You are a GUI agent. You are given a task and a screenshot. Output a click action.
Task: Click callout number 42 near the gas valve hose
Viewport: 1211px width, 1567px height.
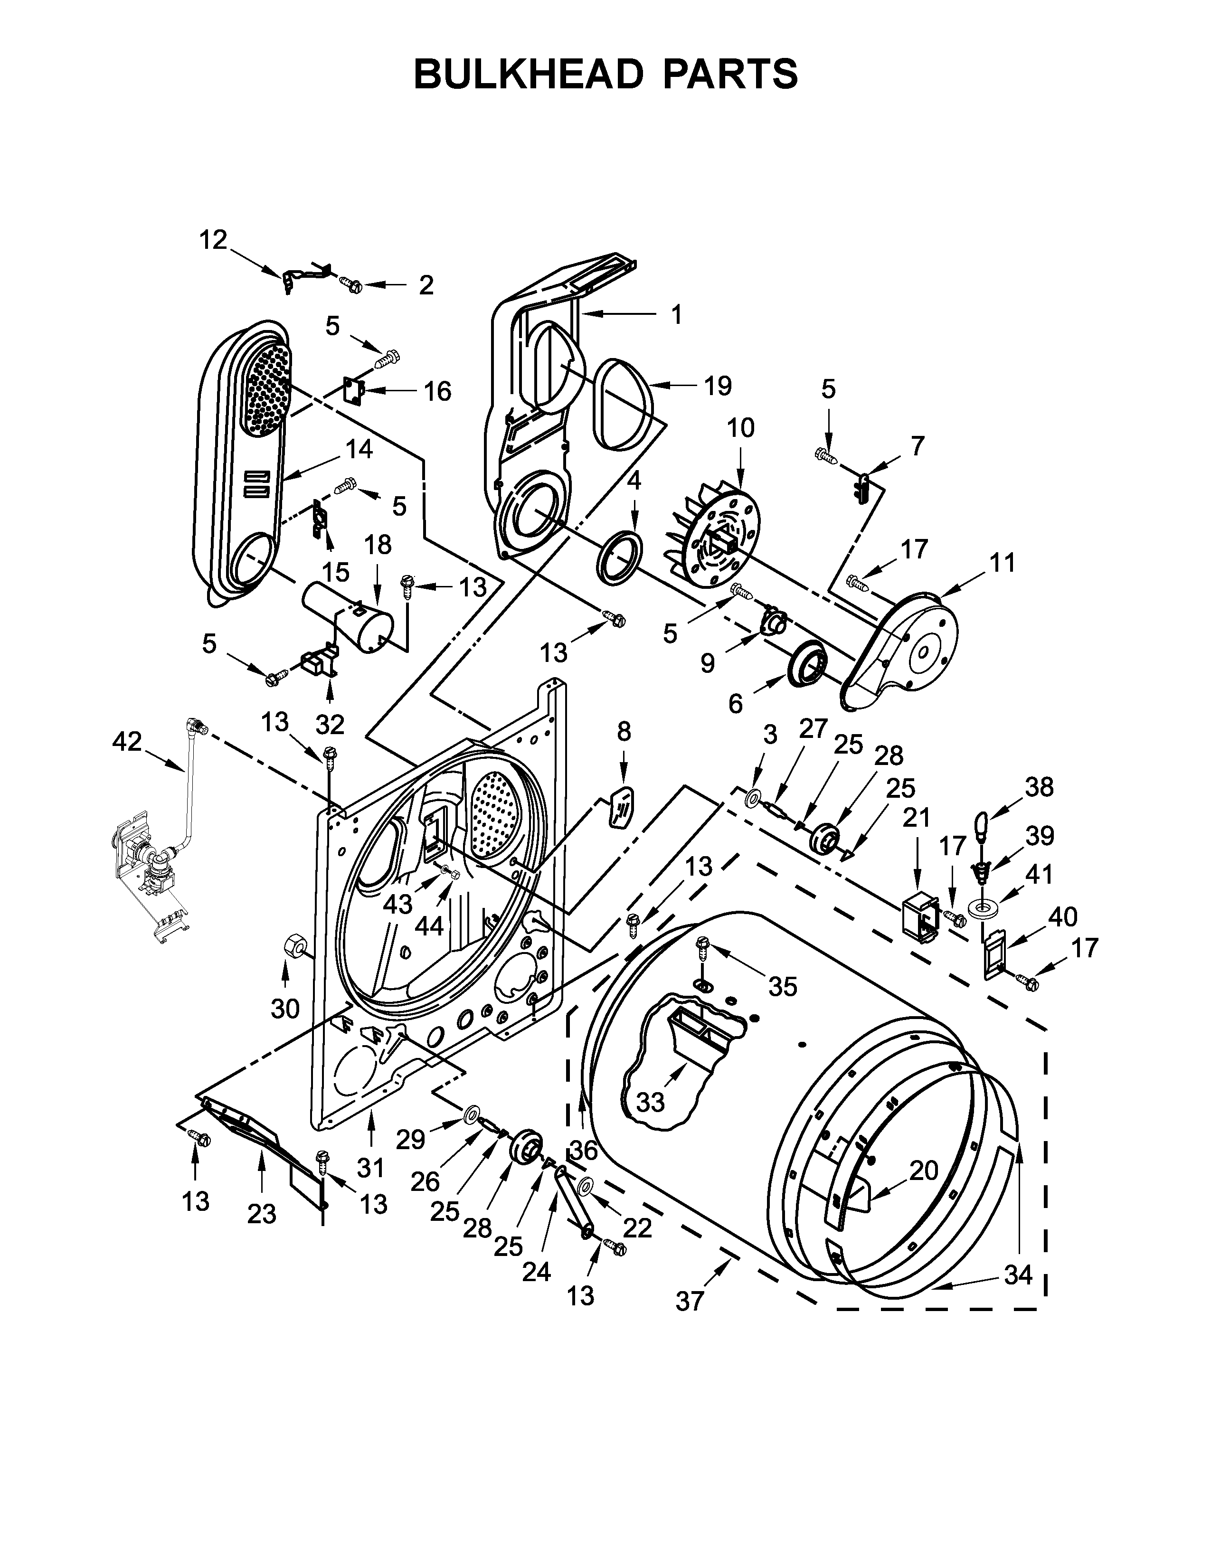127,741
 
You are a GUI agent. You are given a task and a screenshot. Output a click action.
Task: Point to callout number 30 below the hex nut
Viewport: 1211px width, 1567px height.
285,1009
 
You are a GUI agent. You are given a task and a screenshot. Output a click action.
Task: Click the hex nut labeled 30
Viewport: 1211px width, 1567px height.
294,945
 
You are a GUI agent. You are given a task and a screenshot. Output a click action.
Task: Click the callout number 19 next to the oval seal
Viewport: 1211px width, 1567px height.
717,386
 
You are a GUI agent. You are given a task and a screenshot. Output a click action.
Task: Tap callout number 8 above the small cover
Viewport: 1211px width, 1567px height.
624,731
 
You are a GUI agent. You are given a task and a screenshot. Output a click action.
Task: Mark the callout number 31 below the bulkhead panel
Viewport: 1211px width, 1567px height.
371,1168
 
